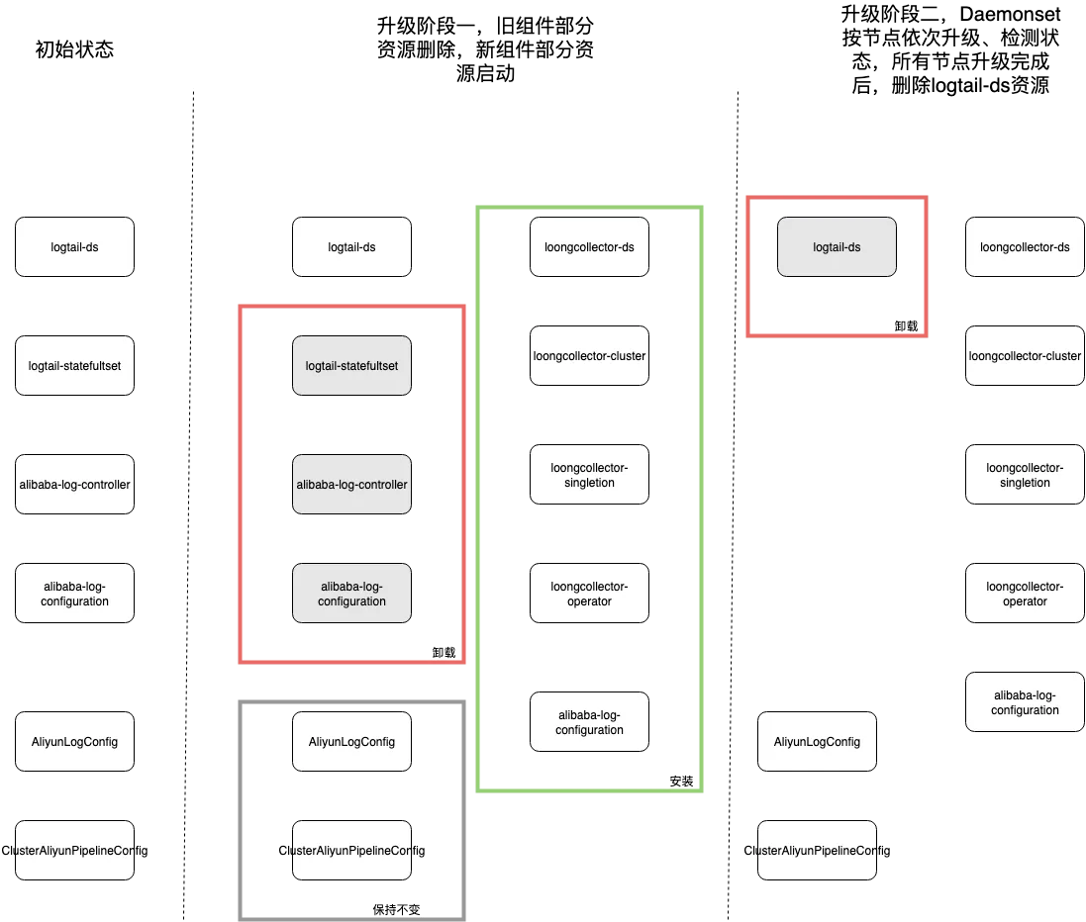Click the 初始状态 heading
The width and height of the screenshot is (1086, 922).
(x=74, y=49)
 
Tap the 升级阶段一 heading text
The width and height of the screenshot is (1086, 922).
(x=485, y=49)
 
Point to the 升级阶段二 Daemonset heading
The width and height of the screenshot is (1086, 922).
(x=950, y=49)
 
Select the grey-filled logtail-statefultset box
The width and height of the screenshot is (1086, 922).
(x=351, y=365)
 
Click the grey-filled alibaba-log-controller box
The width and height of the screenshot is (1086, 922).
(x=351, y=485)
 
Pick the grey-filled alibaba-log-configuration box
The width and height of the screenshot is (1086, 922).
(x=351, y=594)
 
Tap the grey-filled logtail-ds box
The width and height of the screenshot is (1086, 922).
(x=837, y=247)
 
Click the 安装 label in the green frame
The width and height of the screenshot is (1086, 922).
(x=681, y=781)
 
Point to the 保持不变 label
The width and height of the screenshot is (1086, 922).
(x=396, y=909)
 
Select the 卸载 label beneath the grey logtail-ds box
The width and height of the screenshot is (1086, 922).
(x=906, y=326)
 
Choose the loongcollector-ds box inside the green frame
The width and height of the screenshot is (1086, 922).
(x=589, y=247)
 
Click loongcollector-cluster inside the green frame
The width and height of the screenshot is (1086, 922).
(x=589, y=356)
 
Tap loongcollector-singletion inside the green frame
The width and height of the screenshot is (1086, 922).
(x=589, y=475)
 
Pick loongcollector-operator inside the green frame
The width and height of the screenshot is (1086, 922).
(x=589, y=594)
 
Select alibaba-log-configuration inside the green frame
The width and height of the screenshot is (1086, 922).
(x=589, y=722)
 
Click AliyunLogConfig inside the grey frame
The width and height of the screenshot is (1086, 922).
(x=351, y=741)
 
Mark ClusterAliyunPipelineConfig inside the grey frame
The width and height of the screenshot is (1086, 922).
(x=351, y=851)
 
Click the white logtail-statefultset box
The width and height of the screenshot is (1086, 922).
(x=75, y=365)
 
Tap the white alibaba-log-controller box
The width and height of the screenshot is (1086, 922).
(x=75, y=485)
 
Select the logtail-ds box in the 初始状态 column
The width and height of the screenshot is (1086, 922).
(x=75, y=247)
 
